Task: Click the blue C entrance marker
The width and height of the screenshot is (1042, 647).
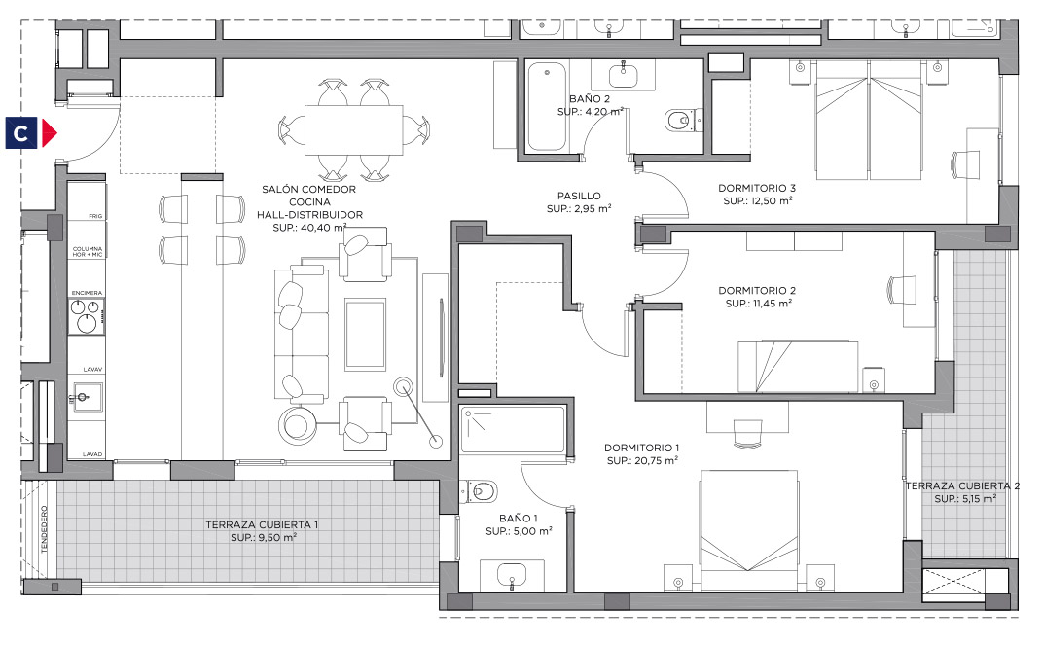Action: [21, 133]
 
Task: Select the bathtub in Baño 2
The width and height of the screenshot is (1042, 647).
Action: [547, 106]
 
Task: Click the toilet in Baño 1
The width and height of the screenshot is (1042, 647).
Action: [482, 491]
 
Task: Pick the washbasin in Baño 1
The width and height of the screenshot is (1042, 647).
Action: [512, 574]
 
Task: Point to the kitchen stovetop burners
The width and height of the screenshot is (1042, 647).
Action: [87, 315]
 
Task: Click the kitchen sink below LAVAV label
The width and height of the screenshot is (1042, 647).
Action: [87, 397]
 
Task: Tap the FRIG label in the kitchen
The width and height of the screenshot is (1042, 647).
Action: [95, 217]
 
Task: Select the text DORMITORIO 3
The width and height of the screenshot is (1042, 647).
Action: [757, 188]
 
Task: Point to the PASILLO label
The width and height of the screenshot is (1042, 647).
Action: [579, 196]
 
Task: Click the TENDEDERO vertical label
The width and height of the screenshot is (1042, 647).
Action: [45, 529]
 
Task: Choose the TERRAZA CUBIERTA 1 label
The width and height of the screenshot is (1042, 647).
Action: [261, 524]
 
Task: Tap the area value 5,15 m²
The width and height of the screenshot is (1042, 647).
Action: [975, 499]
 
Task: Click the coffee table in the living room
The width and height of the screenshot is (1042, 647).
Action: [365, 334]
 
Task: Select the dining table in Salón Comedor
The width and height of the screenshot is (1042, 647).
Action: [354, 130]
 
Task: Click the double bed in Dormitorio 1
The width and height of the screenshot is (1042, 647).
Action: [749, 531]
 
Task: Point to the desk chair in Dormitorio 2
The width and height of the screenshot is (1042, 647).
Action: [902, 290]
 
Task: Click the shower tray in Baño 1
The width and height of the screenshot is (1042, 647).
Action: [513, 430]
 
